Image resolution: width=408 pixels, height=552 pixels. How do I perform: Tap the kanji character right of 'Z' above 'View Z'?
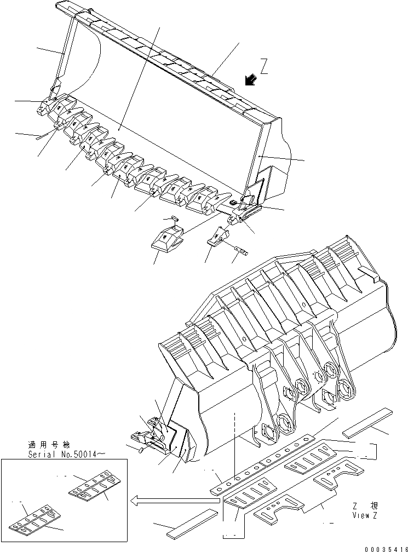(373, 506)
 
